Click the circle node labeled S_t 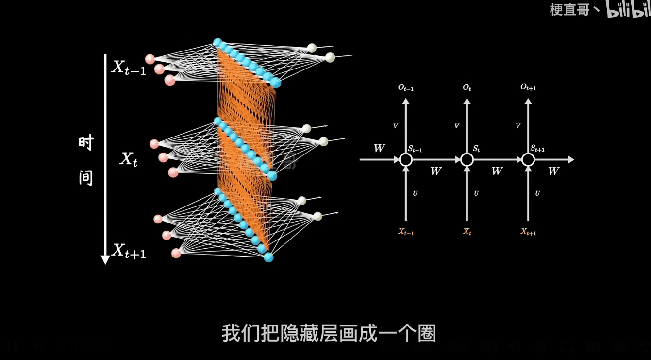coord(467,159)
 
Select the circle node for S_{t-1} coord(406,159)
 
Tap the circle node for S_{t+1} coord(528,159)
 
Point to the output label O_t coord(467,87)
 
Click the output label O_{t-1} coord(406,87)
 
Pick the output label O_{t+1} coord(528,87)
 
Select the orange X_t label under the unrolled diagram coord(467,232)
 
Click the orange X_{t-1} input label coord(406,232)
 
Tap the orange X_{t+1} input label coord(528,232)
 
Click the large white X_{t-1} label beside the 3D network coord(129,68)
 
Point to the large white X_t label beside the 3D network coord(129,159)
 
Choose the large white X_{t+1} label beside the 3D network coord(129,251)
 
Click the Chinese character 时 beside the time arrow coord(86,143)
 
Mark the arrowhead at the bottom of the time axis coord(105,259)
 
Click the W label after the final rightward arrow coord(553,171)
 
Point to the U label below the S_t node coord(476,193)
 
